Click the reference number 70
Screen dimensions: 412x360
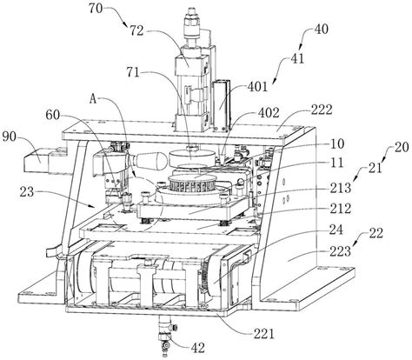pos(96,9)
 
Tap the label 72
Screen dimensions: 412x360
pos(136,30)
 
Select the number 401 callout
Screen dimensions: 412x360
pos(257,86)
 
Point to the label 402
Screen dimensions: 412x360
pos(269,113)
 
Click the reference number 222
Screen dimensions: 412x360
pos(322,110)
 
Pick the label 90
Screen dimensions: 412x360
pos(10,137)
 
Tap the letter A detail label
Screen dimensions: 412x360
pos(93,100)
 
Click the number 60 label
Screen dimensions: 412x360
pos(53,115)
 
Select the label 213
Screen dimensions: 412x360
pos(340,189)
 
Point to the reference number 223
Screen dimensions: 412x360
pos(340,251)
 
